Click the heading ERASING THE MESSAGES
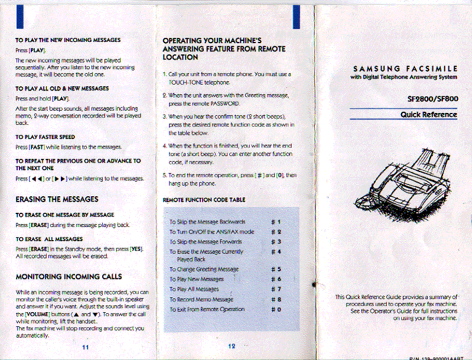pos(57,199)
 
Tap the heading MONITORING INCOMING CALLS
pos(69,276)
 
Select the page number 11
pos(86,346)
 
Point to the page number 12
pos(231,346)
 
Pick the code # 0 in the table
pos(275,309)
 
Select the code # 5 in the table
pos(275,269)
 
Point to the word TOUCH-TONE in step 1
pos(185,83)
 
